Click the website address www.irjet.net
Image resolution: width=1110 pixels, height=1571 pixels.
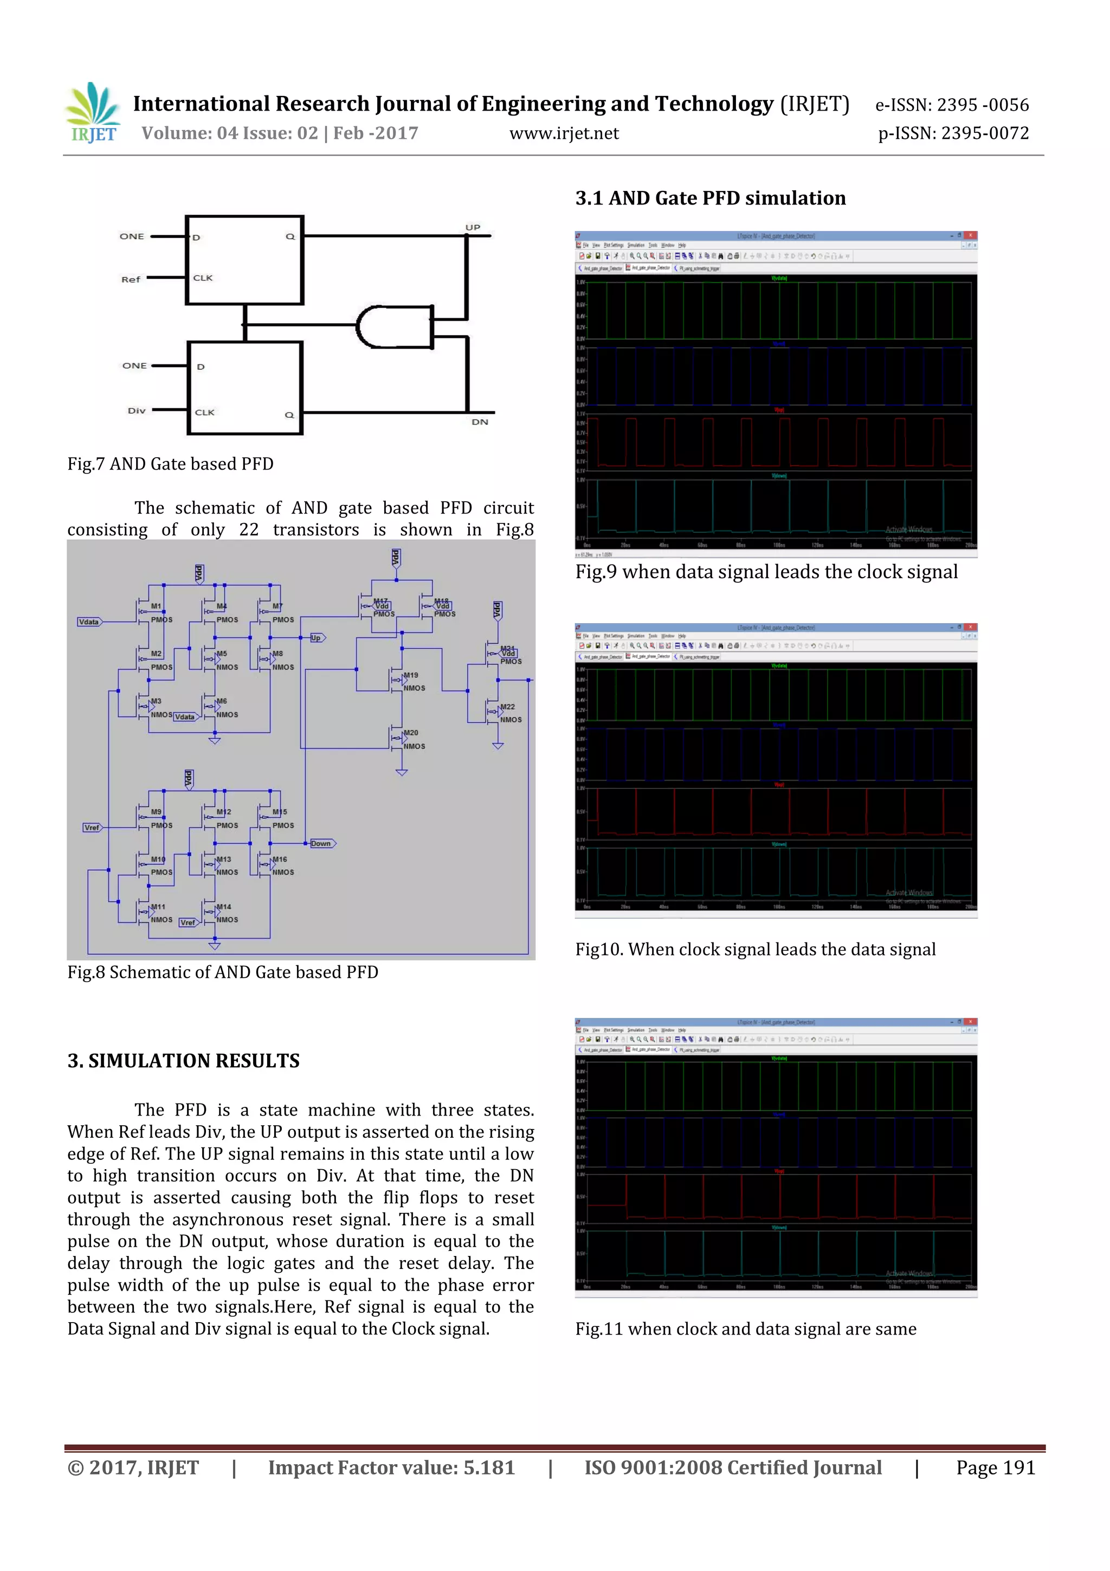tap(564, 133)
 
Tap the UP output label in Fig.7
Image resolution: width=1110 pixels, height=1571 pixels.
tap(473, 227)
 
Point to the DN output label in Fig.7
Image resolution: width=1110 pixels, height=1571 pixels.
tap(480, 422)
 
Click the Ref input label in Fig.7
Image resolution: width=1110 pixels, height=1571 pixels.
tap(131, 279)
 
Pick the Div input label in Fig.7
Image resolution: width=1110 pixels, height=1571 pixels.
tap(136, 411)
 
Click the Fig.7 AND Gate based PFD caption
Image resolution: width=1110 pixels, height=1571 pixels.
tap(170, 464)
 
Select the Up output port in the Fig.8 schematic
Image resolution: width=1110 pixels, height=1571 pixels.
tap(317, 638)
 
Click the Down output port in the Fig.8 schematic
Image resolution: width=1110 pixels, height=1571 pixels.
tap(321, 843)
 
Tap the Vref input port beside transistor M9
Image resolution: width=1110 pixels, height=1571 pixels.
tap(92, 827)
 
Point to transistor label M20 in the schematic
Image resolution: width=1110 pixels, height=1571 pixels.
tap(411, 733)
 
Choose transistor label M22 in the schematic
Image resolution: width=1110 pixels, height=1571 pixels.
tap(507, 707)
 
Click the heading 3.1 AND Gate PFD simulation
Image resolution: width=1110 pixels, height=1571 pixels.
tap(710, 198)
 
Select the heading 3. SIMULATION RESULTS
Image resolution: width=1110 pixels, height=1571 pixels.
tap(183, 1061)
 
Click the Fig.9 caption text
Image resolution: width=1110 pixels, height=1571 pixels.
tap(766, 572)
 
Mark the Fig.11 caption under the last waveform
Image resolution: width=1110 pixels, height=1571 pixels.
tap(745, 1329)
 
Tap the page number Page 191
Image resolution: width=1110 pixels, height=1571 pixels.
tap(995, 1467)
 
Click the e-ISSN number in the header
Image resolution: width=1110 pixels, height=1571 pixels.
tap(951, 105)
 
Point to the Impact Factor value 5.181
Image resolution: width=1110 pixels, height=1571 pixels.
tap(391, 1467)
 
